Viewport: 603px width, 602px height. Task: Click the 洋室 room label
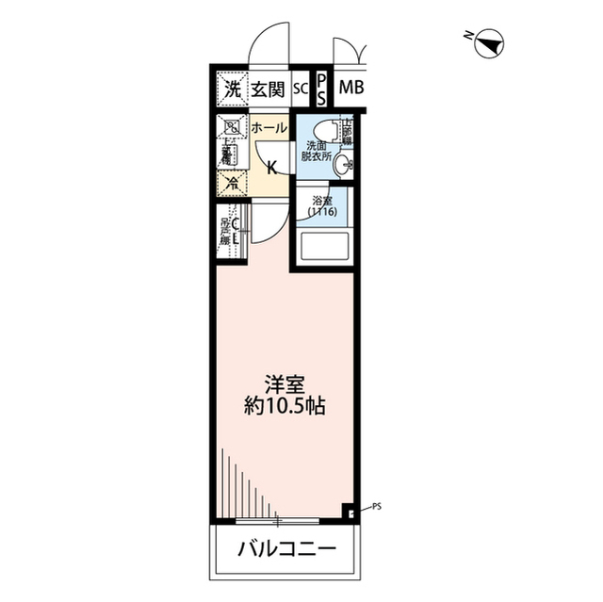[283, 384]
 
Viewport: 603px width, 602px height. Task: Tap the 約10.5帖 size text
[283, 408]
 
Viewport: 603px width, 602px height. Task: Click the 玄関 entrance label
[268, 90]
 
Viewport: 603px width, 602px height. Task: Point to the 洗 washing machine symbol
[232, 90]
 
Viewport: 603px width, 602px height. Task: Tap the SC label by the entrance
[301, 90]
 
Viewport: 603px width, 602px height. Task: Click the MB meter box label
[350, 90]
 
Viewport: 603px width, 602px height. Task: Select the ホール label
[269, 126]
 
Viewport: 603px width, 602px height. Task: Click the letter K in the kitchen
[271, 169]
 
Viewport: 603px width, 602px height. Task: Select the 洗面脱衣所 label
[317, 152]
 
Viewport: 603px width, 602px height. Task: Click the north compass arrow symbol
[490, 41]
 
